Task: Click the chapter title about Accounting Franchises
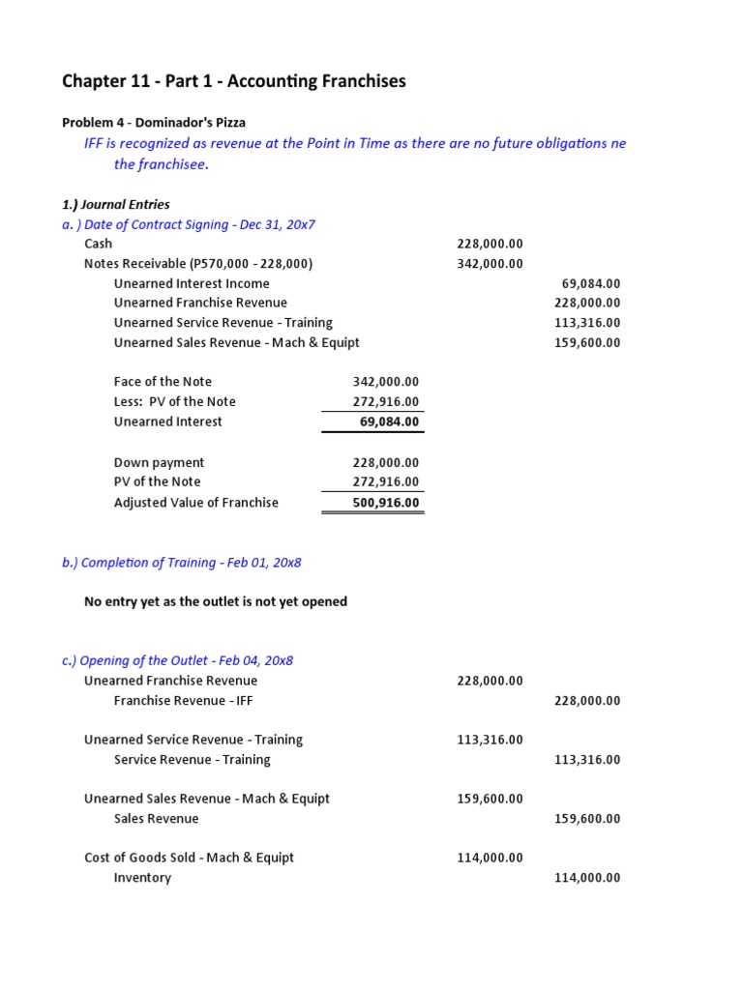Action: click(x=234, y=81)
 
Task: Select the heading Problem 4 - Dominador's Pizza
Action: click(x=154, y=123)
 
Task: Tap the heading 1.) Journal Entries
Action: click(x=116, y=204)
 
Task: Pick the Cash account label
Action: click(x=99, y=244)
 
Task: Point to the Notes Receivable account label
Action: click(x=198, y=264)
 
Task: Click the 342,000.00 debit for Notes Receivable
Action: click(x=490, y=264)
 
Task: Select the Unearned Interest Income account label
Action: click(x=192, y=283)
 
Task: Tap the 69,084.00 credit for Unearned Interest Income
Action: click(x=590, y=283)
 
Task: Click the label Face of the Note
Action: click(x=163, y=382)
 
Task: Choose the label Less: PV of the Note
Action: click(x=175, y=402)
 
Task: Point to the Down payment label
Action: click(x=160, y=463)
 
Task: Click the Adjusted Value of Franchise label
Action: click(x=196, y=503)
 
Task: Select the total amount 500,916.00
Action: click(x=386, y=503)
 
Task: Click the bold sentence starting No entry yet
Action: click(x=216, y=601)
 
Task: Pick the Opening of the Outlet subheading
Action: click(x=177, y=661)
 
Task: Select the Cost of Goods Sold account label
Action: click(x=189, y=858)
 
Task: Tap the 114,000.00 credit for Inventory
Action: click(x=587, y=878)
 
